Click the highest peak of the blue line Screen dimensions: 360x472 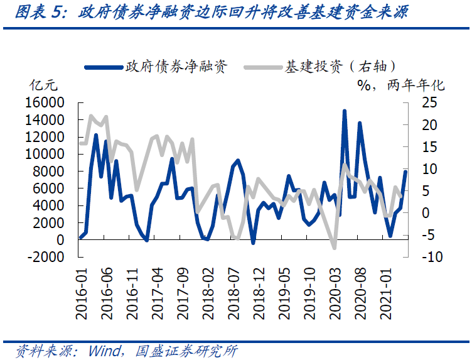pyautogui.click(x=345, y=111)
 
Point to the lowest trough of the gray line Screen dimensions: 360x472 pyautogui.click(x=335, y=248)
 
